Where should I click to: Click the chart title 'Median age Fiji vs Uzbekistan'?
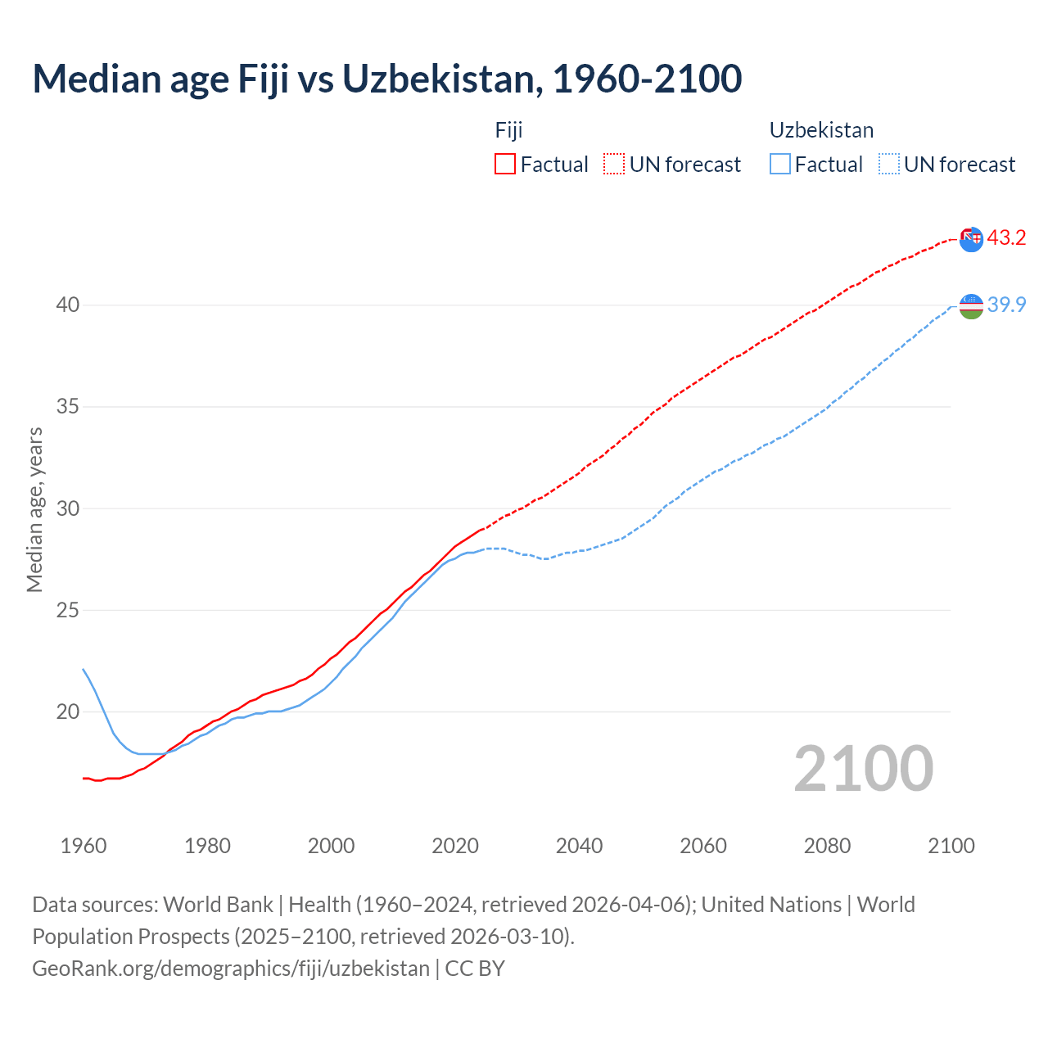pos(386,79)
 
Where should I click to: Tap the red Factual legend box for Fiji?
pos(505,164)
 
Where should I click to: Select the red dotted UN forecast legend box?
pos(614,164)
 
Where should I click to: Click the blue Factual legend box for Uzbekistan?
pos(780,164)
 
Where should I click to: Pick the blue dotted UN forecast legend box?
pos(889,164)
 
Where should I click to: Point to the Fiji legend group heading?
pos(508,130)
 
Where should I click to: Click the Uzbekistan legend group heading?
pos(821,130)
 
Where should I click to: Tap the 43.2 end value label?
pos(1006,238)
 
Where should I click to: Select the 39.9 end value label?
pos(1006,305)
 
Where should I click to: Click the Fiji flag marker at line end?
pos(971,239)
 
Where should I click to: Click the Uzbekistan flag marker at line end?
pos(971,306)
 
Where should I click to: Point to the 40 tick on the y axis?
pos(67,305)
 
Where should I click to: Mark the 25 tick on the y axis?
pos(67,610)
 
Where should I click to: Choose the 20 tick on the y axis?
pos(67,711)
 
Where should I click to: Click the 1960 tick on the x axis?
pos(84,846)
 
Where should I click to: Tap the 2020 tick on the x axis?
pos(455,846)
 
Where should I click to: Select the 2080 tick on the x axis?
pos(827,846)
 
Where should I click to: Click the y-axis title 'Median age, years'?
pos(34,509)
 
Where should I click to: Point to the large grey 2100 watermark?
pos(863,769)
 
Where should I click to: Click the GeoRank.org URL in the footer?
pos(231,969)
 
